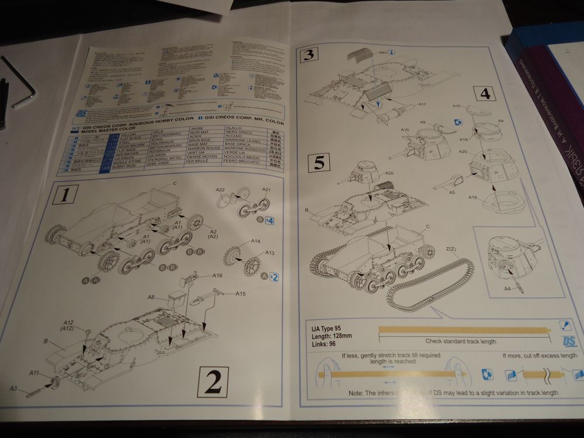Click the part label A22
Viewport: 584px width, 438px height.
click(220, 190)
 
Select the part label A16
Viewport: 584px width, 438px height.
click(217, 276)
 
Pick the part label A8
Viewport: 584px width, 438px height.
click(151, 297)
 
